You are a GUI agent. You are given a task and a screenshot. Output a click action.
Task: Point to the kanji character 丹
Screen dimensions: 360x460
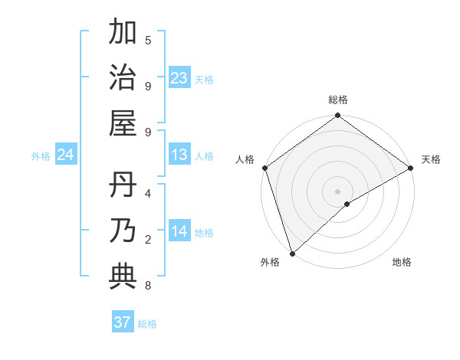[123, 185]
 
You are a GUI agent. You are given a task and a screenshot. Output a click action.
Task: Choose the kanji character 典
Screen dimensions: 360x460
[123, 277]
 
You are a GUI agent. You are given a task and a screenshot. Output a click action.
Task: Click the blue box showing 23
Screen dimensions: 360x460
[179, 78]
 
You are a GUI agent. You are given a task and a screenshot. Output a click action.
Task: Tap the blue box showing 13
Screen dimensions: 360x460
[179, 155]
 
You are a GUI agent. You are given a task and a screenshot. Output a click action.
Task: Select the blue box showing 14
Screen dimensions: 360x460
[179, 232]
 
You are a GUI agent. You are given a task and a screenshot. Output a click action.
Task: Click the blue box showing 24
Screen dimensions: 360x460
[66, 155]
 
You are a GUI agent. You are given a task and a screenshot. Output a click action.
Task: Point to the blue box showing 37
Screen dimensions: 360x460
[123, 322]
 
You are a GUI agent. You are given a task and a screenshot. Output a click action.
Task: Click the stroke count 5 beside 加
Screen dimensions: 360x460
[148, 40]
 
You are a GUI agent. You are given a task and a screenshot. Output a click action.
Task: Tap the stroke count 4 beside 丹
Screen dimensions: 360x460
[148, 193]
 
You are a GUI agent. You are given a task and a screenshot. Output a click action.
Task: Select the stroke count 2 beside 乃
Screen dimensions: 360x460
[148, 240]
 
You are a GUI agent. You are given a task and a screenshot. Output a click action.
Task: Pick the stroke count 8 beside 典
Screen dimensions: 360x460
[148, 286]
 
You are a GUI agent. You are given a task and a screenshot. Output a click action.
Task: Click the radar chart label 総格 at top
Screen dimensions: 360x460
[337, 100]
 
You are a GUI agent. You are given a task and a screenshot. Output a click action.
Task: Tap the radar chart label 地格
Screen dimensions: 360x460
[402, 262]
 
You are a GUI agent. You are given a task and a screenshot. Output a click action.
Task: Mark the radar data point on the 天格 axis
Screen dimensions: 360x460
[410, 168]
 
